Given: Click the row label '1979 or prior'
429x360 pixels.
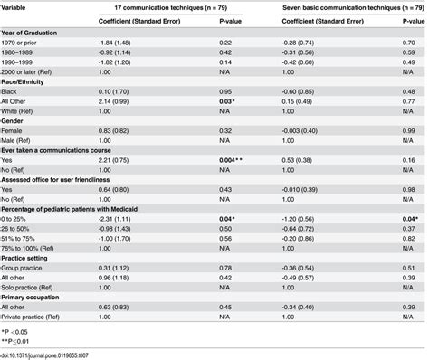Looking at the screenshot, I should pyautogui.click(x=23, y=42).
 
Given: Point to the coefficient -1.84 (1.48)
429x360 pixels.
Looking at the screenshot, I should pyautogui.click(x=111, y=42).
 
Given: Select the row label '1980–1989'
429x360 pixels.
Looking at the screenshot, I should pyautogui.click(x=21, y=52).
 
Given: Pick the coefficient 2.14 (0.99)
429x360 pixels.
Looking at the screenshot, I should pyautogui.click(x=111, y=101).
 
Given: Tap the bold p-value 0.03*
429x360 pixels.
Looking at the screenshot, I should pyautogui.click(x=202, y=101).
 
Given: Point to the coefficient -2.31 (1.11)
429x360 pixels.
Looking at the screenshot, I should pyautogui.click(x=111, y=220).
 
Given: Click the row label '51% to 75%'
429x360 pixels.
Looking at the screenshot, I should pyautogui.click(x=20, y=240).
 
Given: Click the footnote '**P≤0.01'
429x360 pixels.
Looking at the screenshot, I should pyautogui.click(x=16, y=343).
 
